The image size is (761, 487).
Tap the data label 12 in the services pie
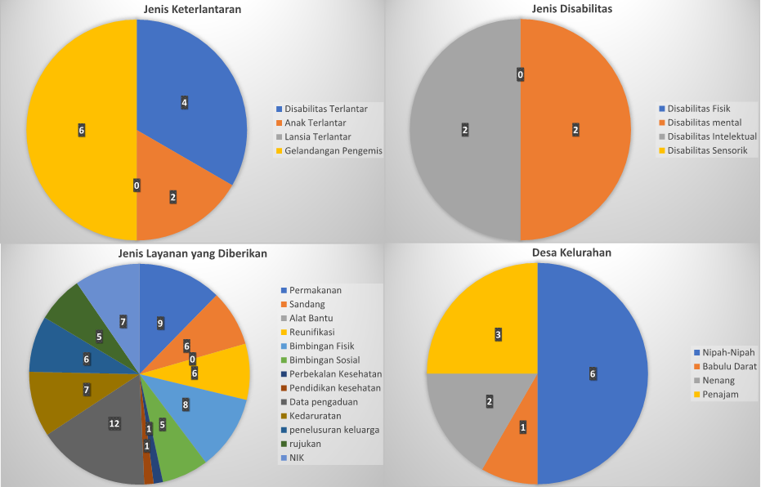[114, 423]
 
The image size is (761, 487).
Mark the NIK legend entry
[296, 457]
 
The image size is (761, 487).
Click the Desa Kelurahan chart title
[571, 253]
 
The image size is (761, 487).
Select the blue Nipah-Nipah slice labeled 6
[593, 373]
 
